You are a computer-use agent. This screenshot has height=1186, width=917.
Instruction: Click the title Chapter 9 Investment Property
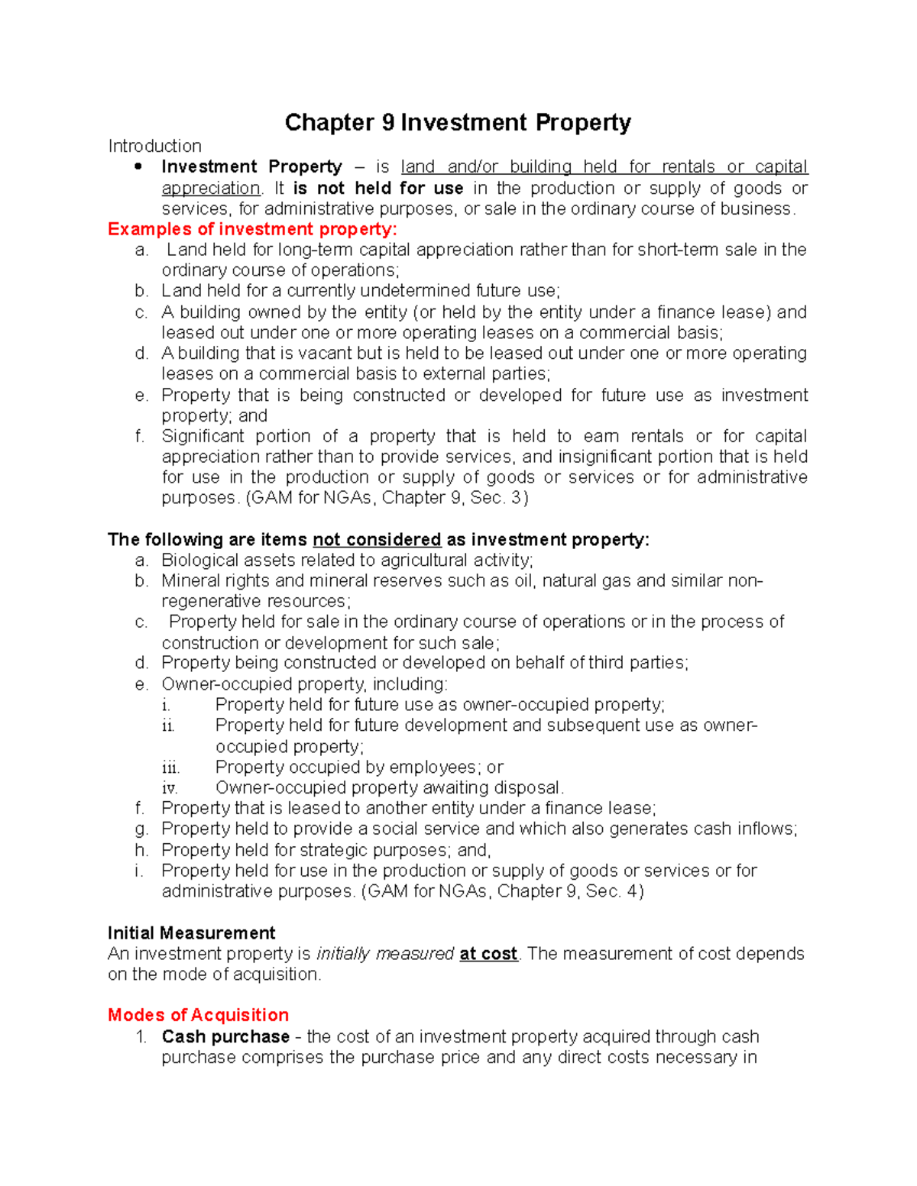click(458, 123)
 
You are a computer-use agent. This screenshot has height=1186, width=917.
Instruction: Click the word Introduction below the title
click(154, 146)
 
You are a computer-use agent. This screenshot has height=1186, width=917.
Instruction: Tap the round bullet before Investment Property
click(138, 166)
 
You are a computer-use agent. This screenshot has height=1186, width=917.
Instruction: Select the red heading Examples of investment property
click(252, 229)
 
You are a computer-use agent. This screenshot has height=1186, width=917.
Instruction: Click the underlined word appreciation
click(211, 188)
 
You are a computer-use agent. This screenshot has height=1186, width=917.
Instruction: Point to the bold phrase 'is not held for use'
click(378, 188)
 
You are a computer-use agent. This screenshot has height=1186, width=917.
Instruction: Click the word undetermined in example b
click(414, 291)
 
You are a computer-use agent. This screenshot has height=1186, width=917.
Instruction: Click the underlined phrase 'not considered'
click(377, 540)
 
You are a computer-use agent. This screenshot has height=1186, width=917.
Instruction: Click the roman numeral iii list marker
click(170, 768)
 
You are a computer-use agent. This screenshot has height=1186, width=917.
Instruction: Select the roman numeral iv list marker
click(170, 788)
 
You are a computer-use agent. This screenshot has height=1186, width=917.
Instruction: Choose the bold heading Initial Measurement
click(191, 933)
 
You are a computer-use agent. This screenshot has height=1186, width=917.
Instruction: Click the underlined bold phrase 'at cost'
click(488, 954)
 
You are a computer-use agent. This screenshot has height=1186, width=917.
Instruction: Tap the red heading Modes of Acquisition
click(198, 1015)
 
